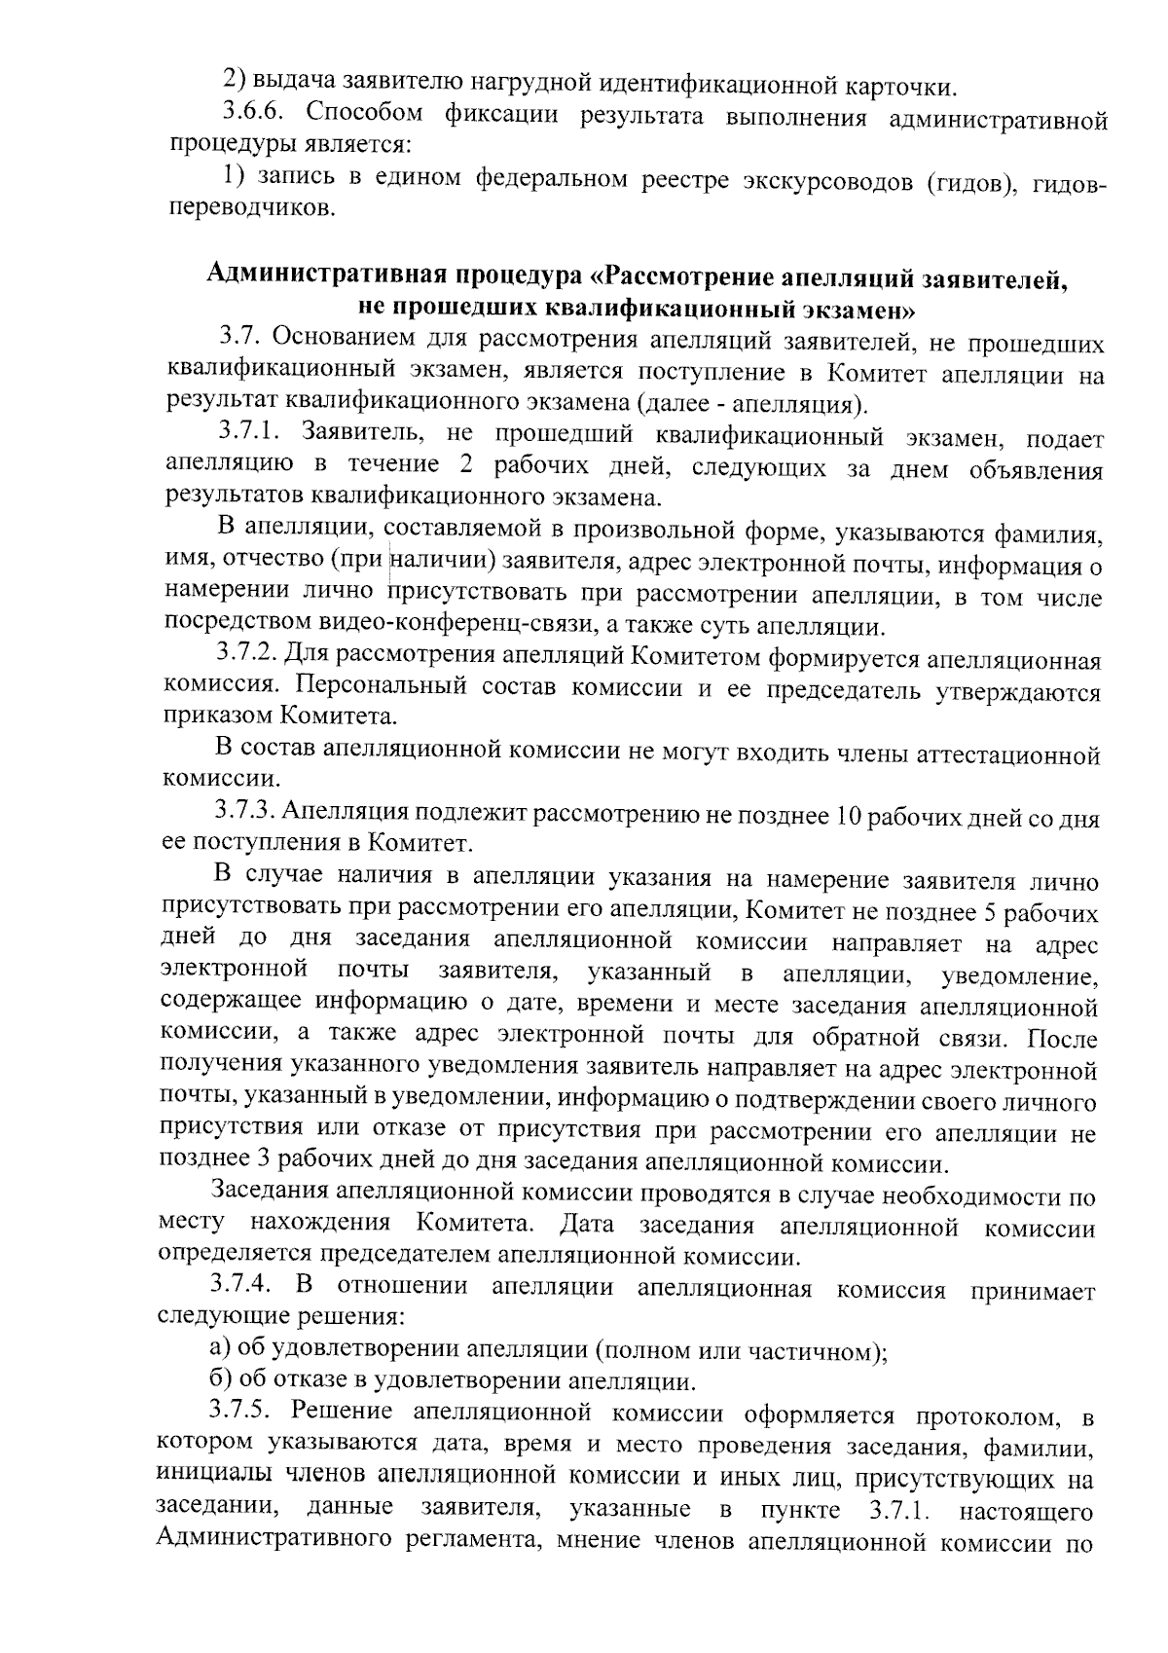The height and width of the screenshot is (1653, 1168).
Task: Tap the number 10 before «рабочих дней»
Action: pos(840,816)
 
